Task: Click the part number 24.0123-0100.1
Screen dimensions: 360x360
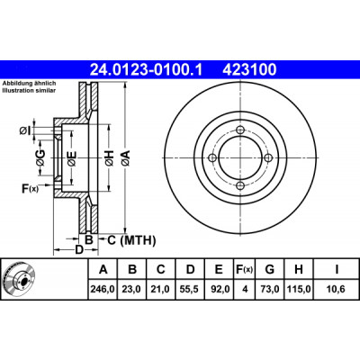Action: tap(147, 70)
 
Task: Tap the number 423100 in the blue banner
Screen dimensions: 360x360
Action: tap(249, 70)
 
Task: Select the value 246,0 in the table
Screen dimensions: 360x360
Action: tap(103, 289)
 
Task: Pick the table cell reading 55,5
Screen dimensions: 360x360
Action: tap(190, 289)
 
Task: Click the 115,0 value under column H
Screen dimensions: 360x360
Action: tap(299, 289)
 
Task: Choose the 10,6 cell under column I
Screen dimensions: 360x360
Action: tap(337, 289)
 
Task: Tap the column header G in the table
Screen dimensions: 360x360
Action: tap(269, 269)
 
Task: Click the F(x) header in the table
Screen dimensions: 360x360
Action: tap(244, 269)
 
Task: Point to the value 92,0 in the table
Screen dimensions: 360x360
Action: tap(219, 289)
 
